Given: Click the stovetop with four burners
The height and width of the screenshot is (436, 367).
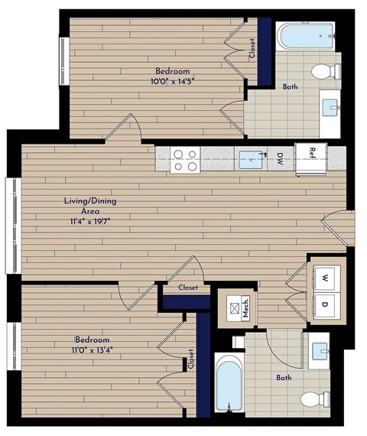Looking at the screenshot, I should pos(185,160).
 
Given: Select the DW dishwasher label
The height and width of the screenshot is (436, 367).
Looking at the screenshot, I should pos(281,160).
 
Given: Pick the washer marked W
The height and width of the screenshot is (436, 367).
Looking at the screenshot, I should pos(324,277).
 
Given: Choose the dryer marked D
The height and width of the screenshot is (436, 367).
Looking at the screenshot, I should pos(324,305).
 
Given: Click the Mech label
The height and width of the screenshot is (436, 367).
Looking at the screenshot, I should pos(246,308).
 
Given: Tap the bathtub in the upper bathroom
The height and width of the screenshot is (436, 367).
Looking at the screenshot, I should pos(306,36).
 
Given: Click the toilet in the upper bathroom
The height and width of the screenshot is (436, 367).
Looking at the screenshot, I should pos(325,72).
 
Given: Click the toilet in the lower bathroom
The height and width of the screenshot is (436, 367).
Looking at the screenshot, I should pos(314,399).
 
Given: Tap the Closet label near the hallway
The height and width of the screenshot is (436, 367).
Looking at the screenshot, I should pos(188,288).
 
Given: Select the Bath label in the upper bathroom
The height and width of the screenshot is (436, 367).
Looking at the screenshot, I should pos(291,87).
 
